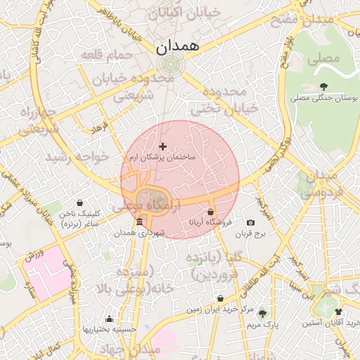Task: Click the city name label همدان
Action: (x=176, y=46)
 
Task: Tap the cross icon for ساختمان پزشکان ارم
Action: (x=163, y=146)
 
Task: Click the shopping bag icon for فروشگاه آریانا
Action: (x=210, y=211)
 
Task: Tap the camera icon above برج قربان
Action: (x=251, y=222)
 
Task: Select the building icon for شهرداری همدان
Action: (x=139, y=222)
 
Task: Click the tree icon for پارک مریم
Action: (x=262, y=313)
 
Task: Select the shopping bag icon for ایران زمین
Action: (x=220, y=298)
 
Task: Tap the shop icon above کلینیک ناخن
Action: (x=79, y=202)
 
